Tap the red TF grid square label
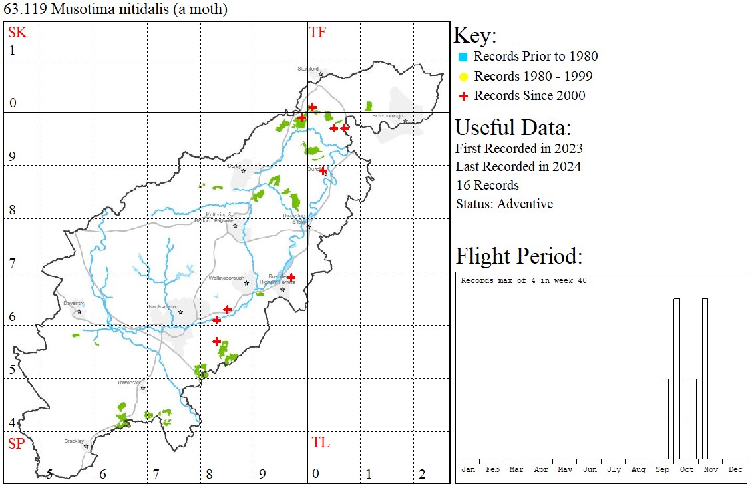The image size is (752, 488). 317,32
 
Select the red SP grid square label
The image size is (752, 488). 16,443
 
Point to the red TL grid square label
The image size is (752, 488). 320,443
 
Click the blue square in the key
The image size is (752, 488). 463,57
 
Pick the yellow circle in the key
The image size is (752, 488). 463,76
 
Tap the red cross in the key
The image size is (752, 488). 463,96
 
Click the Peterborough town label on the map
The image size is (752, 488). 387,116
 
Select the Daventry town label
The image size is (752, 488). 73,303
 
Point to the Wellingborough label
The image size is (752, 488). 227,278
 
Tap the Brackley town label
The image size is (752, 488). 74,441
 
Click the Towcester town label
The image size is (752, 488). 129,382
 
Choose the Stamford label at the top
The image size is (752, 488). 308,69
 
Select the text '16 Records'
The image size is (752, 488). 487,185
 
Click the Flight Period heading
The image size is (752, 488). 518,256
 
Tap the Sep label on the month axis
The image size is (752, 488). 662,469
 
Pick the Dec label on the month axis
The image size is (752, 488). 735,469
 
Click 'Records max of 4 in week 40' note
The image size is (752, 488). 524,281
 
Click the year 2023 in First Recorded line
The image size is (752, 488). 567,148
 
